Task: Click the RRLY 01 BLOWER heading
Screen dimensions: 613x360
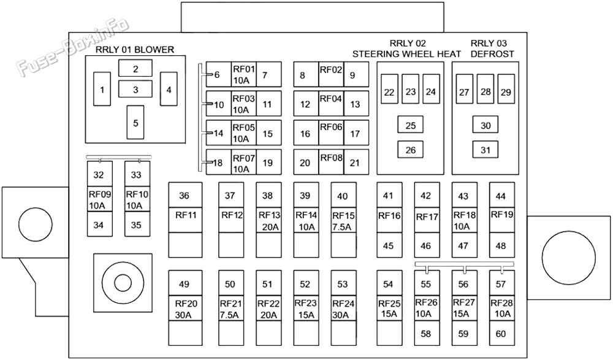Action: click(135, 50)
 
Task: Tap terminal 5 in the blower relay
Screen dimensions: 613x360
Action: click(135, 122)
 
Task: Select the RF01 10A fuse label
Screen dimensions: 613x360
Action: click(243, 74)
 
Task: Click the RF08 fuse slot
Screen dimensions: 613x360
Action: click(331, 162)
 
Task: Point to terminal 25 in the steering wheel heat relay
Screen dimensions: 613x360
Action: click(410, 125)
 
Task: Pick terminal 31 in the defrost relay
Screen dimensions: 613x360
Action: click(485, 150)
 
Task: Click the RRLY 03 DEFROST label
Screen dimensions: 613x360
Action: click(492, 48)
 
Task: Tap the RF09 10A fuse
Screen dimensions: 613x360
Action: click(99, 199)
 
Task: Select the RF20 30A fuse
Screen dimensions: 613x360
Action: click(185, 308)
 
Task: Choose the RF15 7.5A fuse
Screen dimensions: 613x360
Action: click(343, 221)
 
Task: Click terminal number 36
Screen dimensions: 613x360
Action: click(184, 195)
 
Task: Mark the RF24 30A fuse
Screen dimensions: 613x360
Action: click(343, 308)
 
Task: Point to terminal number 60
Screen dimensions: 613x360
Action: click(501, 334)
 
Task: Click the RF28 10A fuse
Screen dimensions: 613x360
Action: click(502, 308)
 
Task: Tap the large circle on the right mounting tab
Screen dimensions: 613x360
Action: click(568, 258)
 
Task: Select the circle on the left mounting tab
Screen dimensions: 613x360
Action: click(35, 224)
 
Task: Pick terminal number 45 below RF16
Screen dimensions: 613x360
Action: click(388, 246)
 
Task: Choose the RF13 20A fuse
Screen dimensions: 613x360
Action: click(268, 221)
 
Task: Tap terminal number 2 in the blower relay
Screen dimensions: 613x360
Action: click(135, 69)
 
